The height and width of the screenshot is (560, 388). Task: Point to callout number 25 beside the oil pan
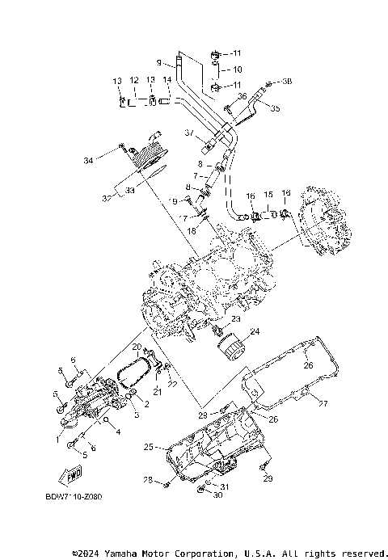(148, 446)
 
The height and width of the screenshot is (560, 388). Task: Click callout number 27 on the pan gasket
(323, 403)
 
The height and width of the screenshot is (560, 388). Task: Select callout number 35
(275, 107)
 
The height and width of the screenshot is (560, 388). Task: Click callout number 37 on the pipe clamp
(189, 133)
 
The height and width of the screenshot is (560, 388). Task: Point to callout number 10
(237, 69)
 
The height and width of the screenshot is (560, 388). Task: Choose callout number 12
(134, 80)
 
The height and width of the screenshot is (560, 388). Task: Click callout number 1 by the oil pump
(57, 439)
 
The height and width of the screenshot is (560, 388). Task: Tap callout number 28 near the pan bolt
(148, 480)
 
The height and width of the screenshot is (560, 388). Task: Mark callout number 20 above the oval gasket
(137, 347)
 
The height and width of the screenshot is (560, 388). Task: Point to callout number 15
(269, 195)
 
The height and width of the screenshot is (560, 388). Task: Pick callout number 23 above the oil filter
(235, 320)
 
